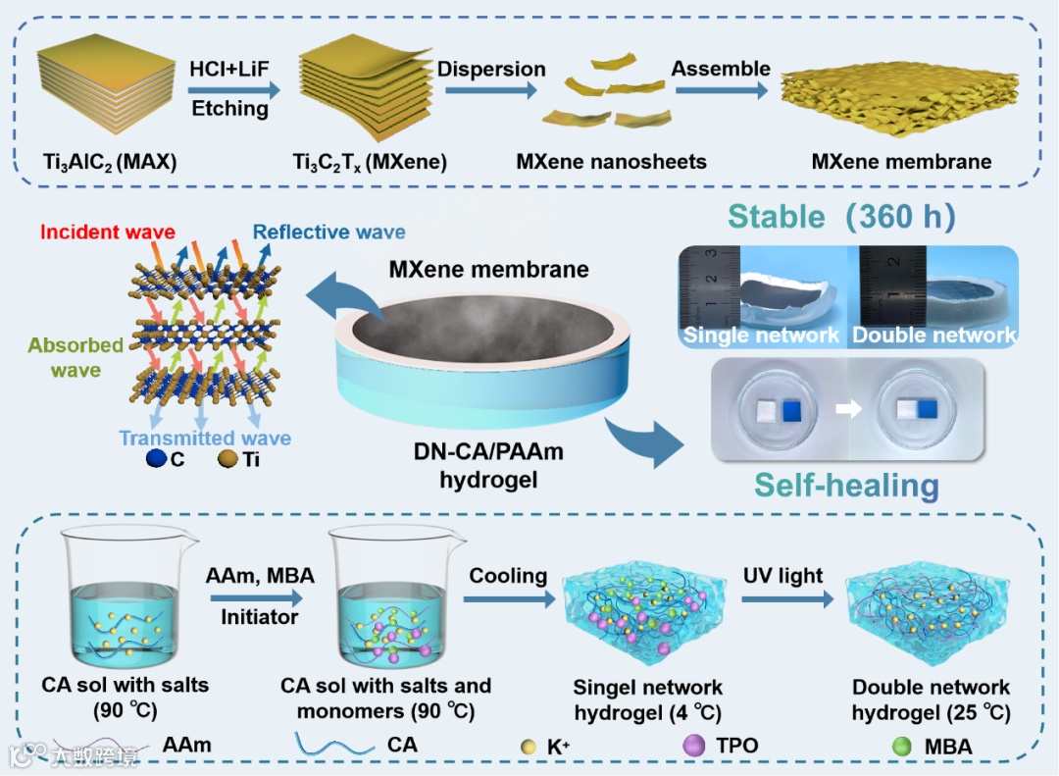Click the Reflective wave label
click(328, 233)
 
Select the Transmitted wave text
click(205, 438)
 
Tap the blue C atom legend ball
click(154, 458)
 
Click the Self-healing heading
click(846, 485)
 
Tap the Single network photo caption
click(762, 336)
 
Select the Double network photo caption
click(933, 336)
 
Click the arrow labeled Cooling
click(507, 597)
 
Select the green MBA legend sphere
click(902, 746)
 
